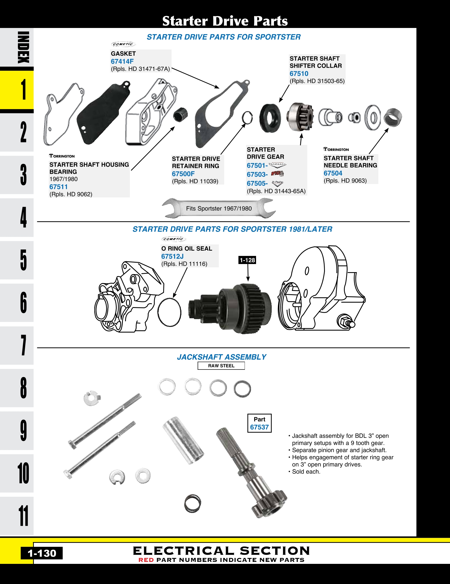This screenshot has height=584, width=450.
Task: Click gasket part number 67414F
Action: [122, 62]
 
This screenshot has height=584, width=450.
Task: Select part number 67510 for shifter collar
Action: [299, 74]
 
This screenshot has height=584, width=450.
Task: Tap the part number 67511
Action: [58, 187]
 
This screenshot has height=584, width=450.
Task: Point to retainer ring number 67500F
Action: [183, 174]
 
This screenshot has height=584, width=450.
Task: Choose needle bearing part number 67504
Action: [333, 173]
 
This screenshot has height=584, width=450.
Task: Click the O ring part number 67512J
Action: [172, 256]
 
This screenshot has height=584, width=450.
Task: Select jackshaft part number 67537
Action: [259, 427]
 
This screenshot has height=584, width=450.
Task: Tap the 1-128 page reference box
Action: [247, 260]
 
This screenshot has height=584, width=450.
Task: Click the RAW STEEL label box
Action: [221, 366]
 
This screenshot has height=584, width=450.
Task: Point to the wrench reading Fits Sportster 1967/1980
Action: [219, 208]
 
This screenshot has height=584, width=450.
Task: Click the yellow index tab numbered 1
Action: [17, 90]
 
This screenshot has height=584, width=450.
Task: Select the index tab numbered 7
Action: [17, 345]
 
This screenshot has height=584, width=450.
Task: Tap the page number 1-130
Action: [42, 553]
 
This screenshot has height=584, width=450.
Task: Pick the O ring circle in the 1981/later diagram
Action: [169, 312]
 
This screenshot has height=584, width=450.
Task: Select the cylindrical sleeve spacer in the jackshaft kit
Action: [183, 440]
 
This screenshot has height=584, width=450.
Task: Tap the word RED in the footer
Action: [146, 560]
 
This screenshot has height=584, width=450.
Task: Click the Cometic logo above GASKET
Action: [123, 44]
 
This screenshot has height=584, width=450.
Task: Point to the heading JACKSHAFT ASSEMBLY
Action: [221, 357]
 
